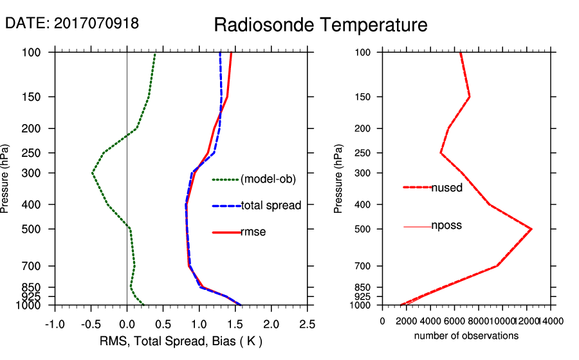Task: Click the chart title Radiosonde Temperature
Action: [320, 25]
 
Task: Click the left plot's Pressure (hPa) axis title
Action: [6, 178]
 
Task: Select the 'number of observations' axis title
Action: [466, 336]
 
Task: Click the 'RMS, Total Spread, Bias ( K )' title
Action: [180, 341]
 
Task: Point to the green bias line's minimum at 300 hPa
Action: [92, 173]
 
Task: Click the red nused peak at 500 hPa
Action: [531, 229]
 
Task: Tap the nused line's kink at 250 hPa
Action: [441, 153]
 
